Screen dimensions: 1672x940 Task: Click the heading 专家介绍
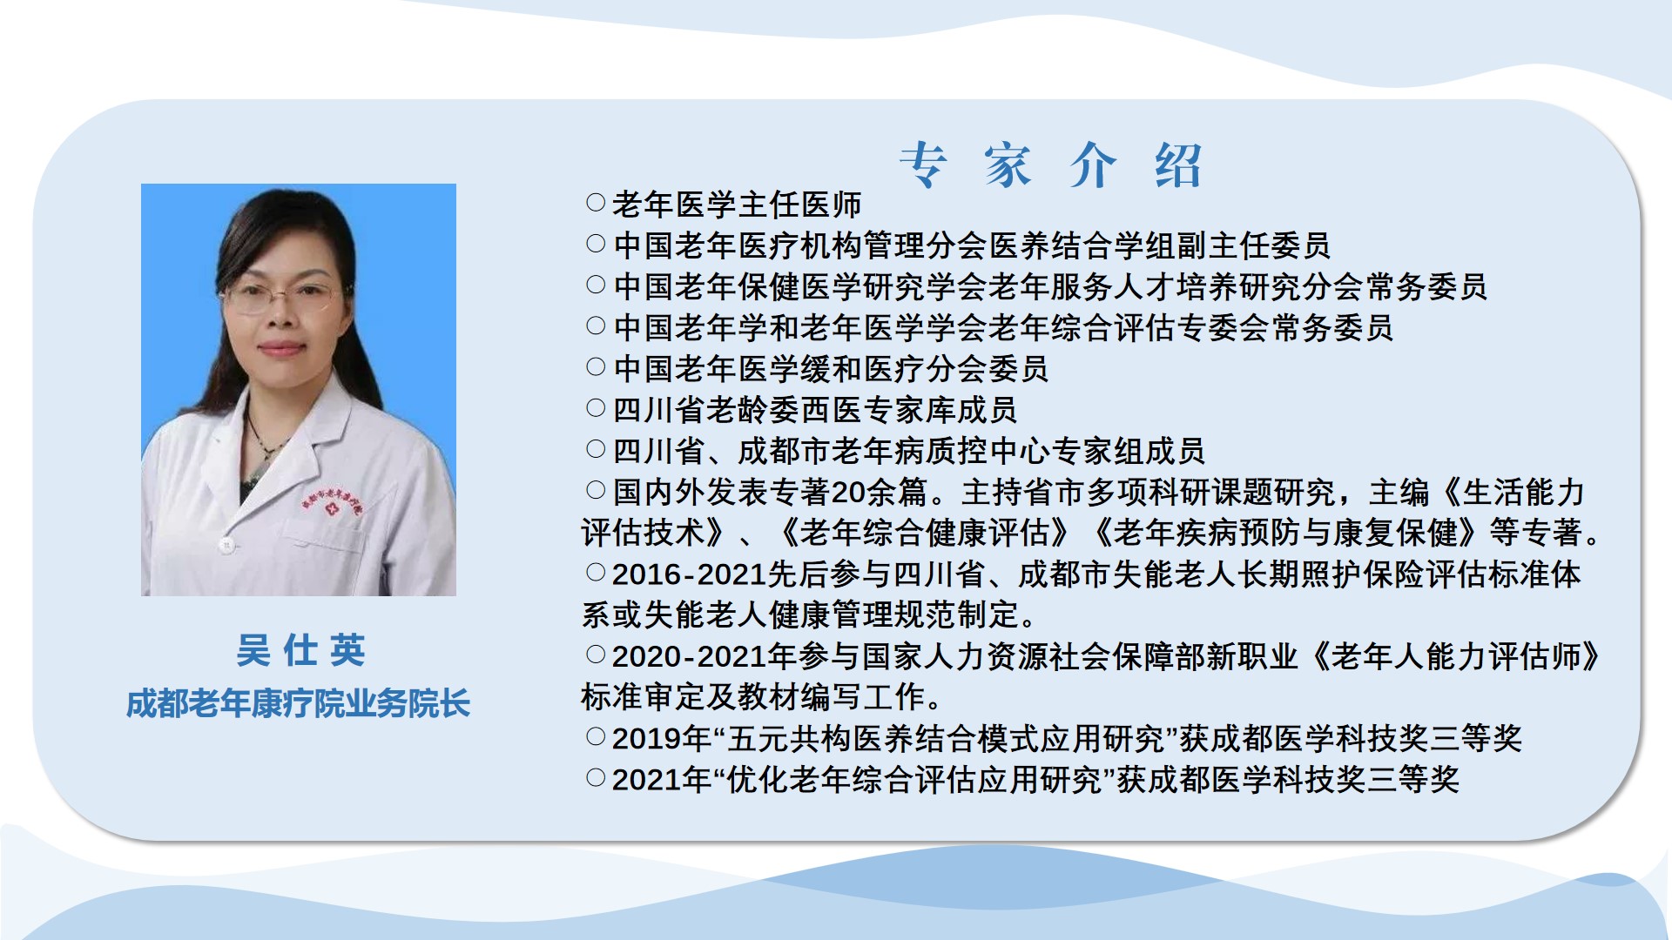click(x=1051, y=165)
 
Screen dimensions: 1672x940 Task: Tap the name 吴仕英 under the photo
click(x=300, y=650)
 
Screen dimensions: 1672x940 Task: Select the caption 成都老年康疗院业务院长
click(x=298, y=703)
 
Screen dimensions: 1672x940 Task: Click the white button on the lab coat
click(x=226, y=546)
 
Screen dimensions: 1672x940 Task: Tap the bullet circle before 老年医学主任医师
click(x=596, y=203)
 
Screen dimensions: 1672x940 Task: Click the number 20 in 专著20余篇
click(x=846, y=493)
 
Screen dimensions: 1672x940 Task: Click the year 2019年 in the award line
click(x=662, y=739)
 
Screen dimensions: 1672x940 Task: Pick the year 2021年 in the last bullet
click(x=662, y=780)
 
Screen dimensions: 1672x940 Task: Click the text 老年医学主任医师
click(x=737, y=205)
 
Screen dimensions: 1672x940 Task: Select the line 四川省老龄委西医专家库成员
click(x=815, y=410)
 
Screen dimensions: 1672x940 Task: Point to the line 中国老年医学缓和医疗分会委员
click(x=831, y=369)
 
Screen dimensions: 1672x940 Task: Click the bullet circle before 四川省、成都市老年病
click(x=596, y=449)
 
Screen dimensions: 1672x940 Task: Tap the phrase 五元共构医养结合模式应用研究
click(x=946, y=739)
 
